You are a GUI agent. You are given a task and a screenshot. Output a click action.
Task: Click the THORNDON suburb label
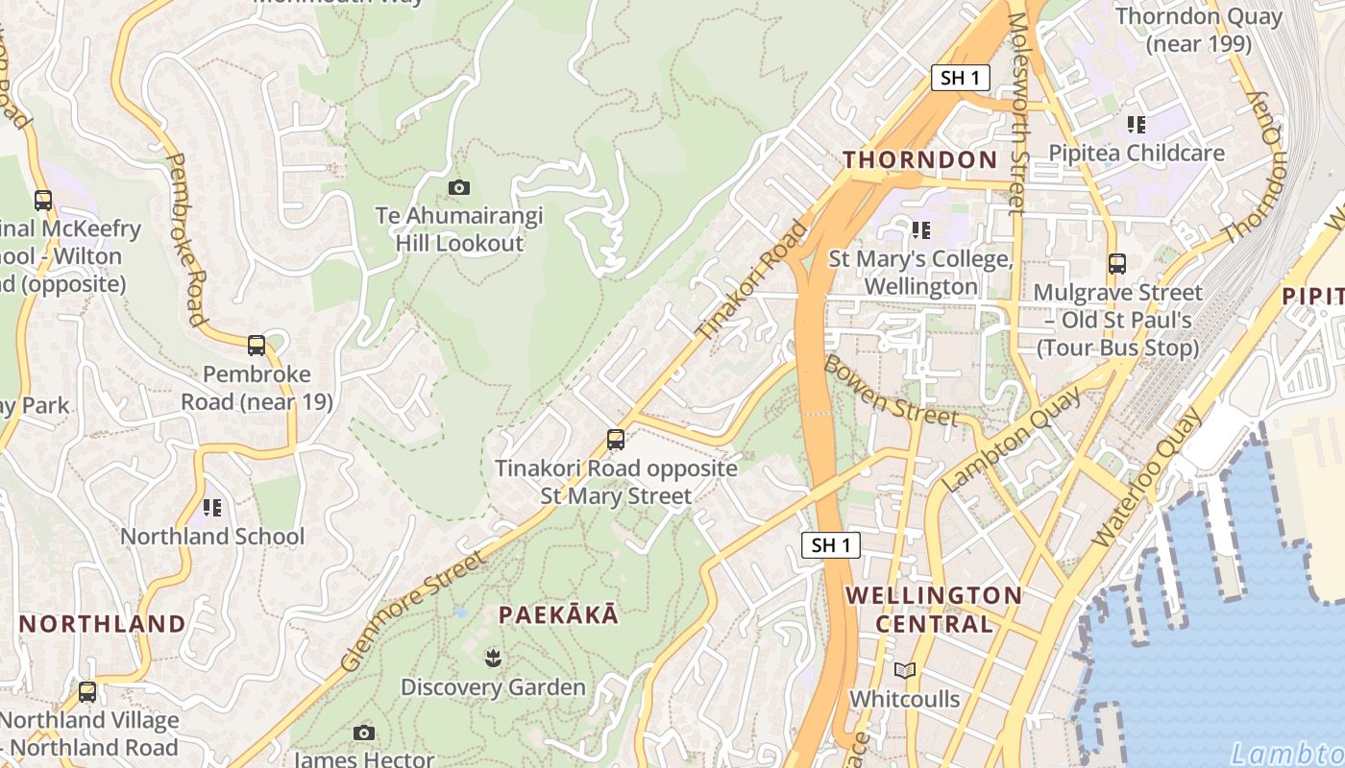919,160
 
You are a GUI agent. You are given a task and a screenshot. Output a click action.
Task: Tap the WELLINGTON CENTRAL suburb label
933,610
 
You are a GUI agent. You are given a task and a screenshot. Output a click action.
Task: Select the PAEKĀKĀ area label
558,615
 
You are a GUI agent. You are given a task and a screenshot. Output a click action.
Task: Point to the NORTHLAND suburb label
103,624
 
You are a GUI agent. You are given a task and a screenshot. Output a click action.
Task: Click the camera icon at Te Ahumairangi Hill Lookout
459,187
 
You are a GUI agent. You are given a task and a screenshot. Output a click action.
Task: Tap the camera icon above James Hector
363,733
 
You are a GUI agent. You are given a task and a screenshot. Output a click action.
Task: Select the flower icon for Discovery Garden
493,658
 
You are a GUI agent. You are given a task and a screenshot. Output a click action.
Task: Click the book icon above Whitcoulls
904,670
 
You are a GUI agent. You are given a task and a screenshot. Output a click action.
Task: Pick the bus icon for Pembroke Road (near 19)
257,346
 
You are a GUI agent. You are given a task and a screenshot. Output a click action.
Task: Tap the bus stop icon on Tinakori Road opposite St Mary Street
616,440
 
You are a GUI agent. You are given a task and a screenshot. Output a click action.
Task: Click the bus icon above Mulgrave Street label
1116,263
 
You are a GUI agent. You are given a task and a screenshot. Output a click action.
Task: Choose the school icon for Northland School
211,507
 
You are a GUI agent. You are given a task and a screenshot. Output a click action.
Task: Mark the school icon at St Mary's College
921,229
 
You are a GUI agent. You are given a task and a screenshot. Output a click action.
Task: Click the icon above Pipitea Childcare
1137,124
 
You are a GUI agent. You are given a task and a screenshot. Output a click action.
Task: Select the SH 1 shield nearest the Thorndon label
960,79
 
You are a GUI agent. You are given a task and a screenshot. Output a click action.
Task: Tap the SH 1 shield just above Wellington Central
831,545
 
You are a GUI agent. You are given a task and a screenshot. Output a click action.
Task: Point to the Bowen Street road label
891,391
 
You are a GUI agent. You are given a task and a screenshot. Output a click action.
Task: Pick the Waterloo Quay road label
1147,477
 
